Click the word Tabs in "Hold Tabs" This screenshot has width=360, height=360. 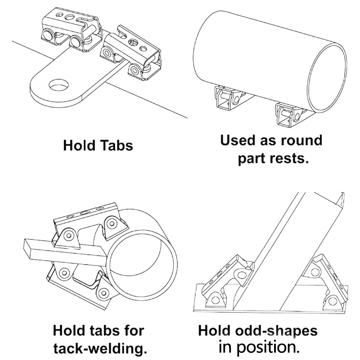pyautogui.click(x=114, y=146)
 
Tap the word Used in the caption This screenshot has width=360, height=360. pyautogui.click(x=239, y=140)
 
